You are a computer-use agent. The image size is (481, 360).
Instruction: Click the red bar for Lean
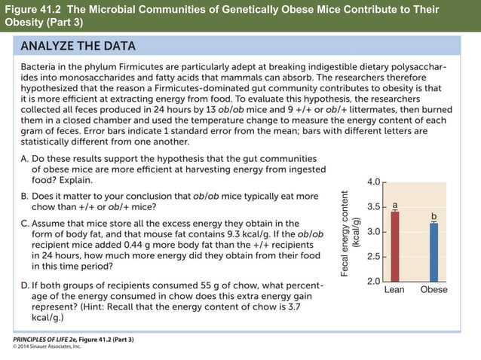(x=395, y=246)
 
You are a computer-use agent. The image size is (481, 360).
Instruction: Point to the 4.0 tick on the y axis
(x=374, y=182)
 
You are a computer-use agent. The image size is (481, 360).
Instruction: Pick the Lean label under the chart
(x=396, y=289)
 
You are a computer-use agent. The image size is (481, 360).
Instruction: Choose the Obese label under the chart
(x=434, y=289)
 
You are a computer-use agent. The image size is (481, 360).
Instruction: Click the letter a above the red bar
(x=395, y=204)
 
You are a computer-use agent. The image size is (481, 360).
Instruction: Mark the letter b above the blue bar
(x=434, y=216)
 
